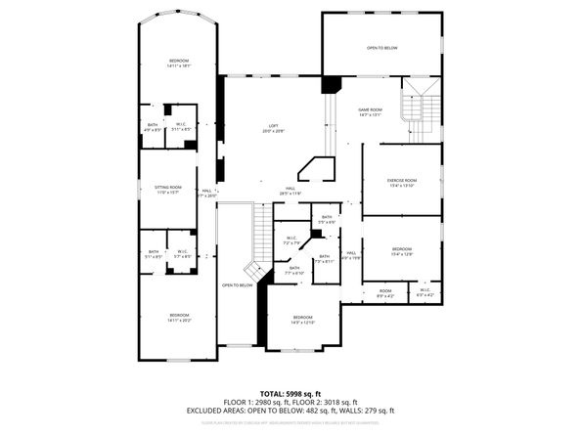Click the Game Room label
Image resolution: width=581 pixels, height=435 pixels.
369,110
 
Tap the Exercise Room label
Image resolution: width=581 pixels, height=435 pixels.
402,181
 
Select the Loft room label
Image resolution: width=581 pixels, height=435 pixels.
274,126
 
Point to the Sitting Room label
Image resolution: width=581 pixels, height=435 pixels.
169,188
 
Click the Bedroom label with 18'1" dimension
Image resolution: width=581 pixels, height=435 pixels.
177,62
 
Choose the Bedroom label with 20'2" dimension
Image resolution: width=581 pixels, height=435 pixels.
178,316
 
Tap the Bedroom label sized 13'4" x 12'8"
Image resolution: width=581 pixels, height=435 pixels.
402,250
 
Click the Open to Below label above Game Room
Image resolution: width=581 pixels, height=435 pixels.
381,47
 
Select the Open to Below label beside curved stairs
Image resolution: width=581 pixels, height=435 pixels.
237,285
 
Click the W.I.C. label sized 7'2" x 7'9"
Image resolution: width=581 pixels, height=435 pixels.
291,239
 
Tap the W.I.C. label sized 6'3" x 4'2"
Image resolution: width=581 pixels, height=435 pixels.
425,291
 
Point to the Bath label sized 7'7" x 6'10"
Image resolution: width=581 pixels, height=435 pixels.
294,269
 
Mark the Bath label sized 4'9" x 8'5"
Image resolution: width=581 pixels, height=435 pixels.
153,125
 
